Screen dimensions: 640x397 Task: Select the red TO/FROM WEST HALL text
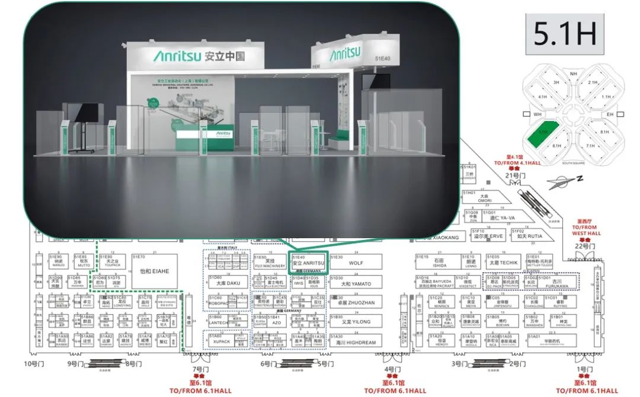click(586, 230)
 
